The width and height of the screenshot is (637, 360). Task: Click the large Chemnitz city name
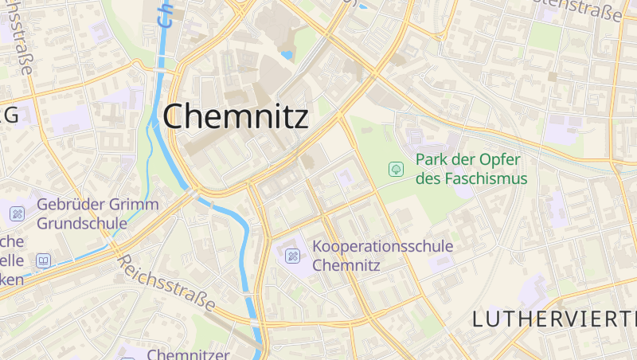click(236, 117)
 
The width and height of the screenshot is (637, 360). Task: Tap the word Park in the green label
click(432, 159)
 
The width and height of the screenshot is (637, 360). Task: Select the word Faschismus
click(485, 178)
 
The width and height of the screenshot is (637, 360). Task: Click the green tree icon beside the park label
click(395, 169)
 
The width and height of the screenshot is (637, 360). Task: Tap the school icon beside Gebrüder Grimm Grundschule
click(18, 213)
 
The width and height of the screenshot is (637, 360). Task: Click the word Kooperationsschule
click(383, 246)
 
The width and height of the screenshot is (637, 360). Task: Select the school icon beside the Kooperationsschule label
click(293, 256)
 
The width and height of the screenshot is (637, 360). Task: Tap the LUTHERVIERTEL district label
click(554, 319)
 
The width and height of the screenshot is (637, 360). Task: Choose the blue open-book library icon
click(43, 260)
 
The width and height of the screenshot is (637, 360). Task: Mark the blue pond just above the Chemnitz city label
click(286, 55)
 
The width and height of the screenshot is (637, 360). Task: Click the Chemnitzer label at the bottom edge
click(188, 354)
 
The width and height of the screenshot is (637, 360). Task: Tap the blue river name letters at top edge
click(165, 13)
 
